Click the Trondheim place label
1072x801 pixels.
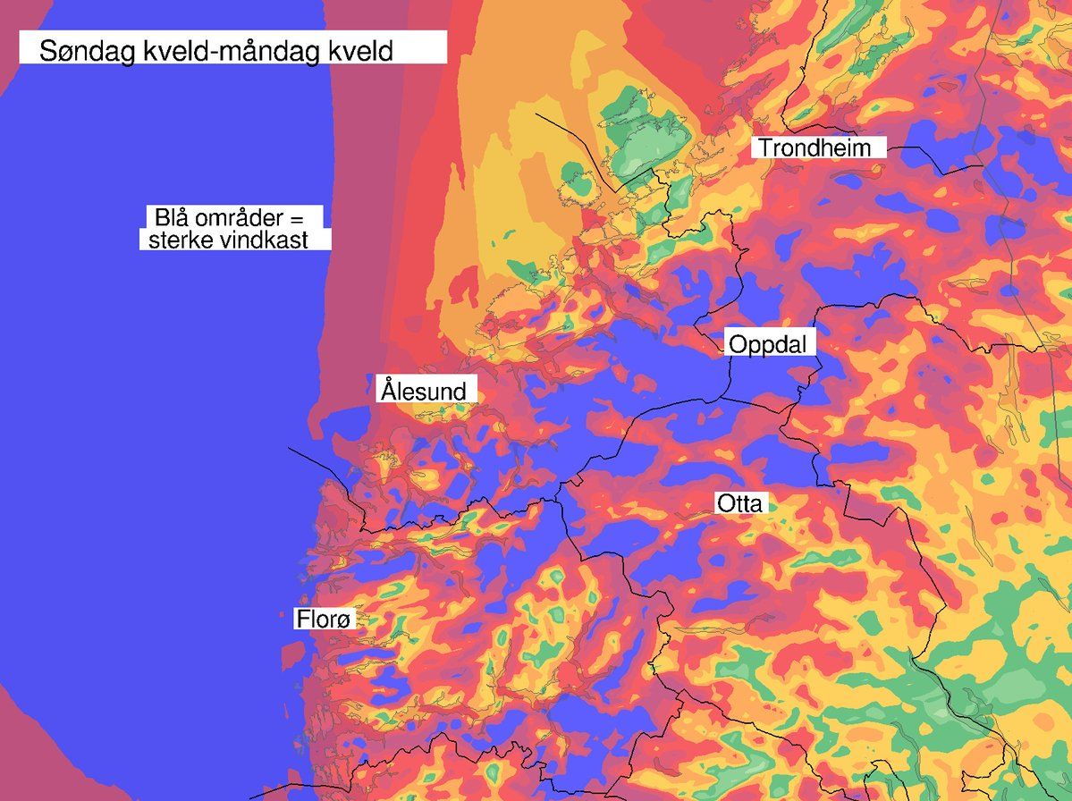(x=815, y=148)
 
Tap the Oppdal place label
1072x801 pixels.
(x=766, y=344)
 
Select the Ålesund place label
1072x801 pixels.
(x=424, y=391)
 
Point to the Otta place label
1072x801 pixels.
(x=739, y=504)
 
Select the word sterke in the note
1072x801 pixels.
(x=180, y=240)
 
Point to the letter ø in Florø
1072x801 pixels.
(x=347, y=620)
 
